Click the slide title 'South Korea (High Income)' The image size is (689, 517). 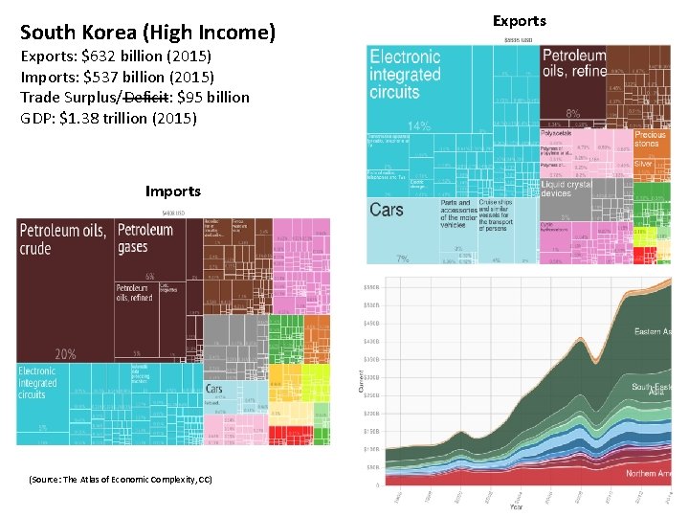coord(147,34)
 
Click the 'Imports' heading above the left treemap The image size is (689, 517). coord(172,191)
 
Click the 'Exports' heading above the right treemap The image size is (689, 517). coord(519,20)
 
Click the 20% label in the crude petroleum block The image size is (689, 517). coord(65,353)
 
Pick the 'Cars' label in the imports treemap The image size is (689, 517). coord(214,390)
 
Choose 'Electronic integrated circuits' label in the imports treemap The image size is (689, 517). coord(38,382)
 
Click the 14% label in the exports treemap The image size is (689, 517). coord(418,126)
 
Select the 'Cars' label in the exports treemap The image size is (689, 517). coord(387,210)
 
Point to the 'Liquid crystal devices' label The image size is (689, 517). coord(567,189)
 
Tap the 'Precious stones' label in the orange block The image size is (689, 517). coord(650,141)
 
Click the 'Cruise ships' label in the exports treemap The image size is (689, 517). coord(496,202)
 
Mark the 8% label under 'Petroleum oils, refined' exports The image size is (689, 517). coord(574,112)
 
